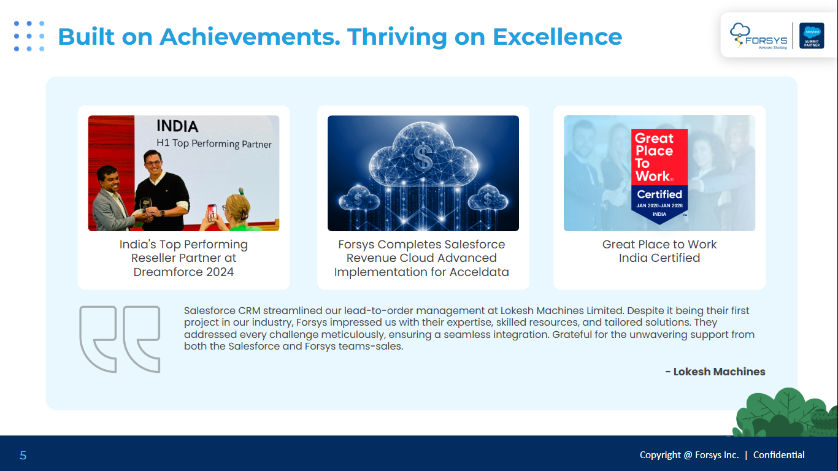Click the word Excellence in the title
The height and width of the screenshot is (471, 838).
pyautogui.click(x=558, y=37)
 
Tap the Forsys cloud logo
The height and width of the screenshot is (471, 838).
pyautogui.click(x=758, y=36)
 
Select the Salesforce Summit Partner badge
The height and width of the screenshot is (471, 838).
pyautogui.click(x=812, y=36)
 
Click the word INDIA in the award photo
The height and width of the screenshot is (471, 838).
pyautogui.click(x=177, y=126)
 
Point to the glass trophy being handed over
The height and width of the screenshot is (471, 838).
pyautogui.click(x=145, y=205)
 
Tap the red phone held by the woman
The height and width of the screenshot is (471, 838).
pyautogui.click(x=212, y=212)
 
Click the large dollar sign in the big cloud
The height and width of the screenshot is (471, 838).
pyautogui.click(x=423, y=158)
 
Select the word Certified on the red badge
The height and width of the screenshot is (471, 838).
pyautogui.click(x=659, y=194)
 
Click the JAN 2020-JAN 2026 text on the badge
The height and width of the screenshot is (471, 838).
pyautogui.click(x=659, y=205)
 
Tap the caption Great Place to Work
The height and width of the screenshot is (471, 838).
pyautogui.click(x=659, y=244)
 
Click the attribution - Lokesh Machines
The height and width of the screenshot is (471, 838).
pyautogui.click(x=715, y=372)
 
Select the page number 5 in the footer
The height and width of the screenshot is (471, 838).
pyautogui.click(x=23, y=455)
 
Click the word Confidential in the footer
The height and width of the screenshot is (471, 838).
pyautogui.click(x=778, y=455)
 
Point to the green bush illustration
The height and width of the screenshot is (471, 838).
pyautogui.click(x=786, y=413)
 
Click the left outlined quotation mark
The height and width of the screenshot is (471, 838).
pyautogui.click(x=98, y=339)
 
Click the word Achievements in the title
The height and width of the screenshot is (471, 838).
pyautogui.click(x=250, y=37)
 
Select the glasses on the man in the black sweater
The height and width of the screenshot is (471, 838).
pyautogui.click(x=153, y=163)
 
